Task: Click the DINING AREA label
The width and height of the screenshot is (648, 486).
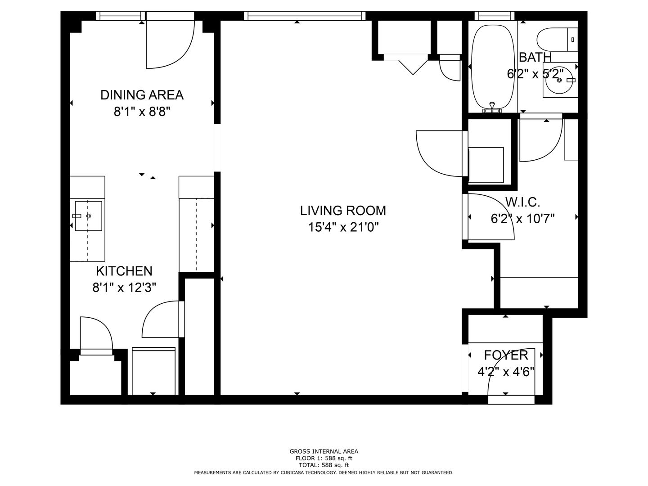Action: [142, 95]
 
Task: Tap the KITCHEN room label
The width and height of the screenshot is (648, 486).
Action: [124, 271]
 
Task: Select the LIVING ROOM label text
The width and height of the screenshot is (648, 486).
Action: [343, 211]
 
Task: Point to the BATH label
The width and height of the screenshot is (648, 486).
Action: [535, 57]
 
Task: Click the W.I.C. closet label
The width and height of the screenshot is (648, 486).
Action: [523, 202]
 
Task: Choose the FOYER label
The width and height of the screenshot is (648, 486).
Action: [506, 355]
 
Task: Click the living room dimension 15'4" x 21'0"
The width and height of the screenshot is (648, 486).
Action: [343, 228]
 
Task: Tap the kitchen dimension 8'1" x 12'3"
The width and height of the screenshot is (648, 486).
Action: [124, 288]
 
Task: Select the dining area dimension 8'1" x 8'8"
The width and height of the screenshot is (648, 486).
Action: [142, 112]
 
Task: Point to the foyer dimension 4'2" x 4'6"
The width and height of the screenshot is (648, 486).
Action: [506, 372]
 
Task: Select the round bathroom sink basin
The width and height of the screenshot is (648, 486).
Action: [559, 80]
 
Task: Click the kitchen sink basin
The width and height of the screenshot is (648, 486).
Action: [89, 216]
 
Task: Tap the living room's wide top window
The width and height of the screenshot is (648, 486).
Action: [305, 16]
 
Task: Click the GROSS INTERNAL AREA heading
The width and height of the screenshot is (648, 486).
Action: [324, 451]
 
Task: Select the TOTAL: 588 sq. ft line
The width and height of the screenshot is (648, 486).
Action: [324, 465]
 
